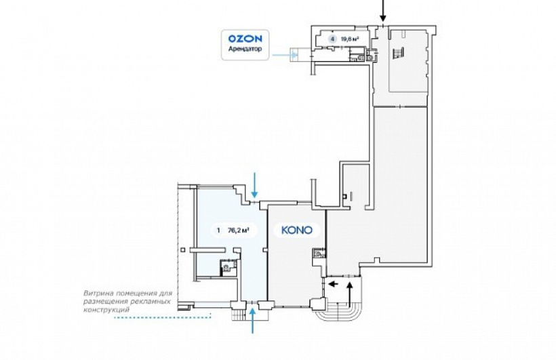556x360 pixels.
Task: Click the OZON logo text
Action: pyautogui.click(x=245, y=39)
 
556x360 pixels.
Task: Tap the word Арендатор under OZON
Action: pyautogui.click(x=245, y=49)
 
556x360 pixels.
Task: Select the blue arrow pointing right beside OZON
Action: pyautogui.click(x=285, y=55)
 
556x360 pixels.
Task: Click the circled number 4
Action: pyautogui.click(x=332, y=39)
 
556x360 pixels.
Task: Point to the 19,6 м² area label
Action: pyautogui.click(x=348, y=39)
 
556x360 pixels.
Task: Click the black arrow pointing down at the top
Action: pyautogui.click(x=382, y=11)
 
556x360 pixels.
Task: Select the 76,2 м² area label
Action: pyautogui.click(x=238, y=231)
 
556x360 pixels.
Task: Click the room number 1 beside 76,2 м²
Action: pyautogui.click(x=218, y=231)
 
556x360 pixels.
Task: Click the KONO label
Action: pyautogui.click(x=297, y=230)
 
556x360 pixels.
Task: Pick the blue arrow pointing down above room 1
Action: pyautogui.click(x=254, y=185)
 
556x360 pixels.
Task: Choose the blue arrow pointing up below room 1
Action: pyautogui.click(x=252, y=321)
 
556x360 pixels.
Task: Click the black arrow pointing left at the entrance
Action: pyautogui.click(x=333, y=283)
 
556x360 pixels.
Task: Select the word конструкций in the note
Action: pyautogui.click(x=106, y=310)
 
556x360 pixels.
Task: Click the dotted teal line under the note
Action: pyautogui.click(x=163, y=317)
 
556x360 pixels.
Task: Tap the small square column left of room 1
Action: pyautogui.click(x=182, y=249)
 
